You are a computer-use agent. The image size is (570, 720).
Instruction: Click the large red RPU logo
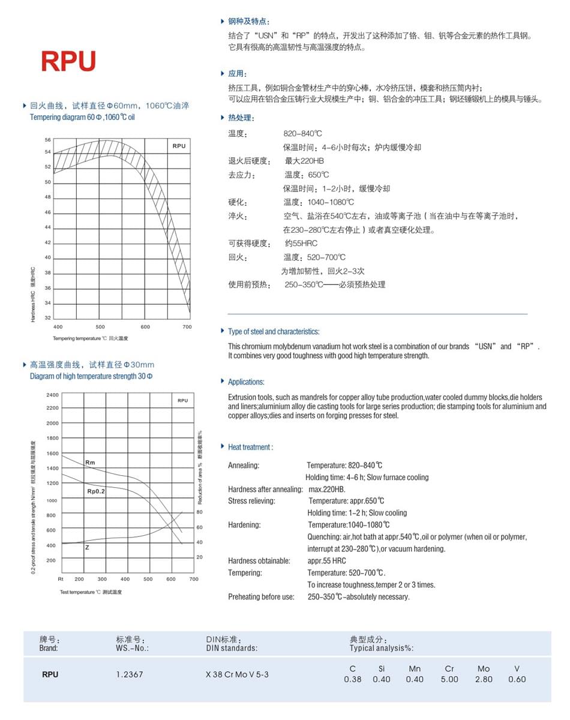[x=68, y=61]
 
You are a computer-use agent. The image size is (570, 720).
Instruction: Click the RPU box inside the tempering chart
[x=179, y=146]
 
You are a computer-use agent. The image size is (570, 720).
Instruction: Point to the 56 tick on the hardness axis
[x=48, y=140]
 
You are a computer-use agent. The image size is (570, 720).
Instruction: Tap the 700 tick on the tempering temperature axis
[x=187, y=327]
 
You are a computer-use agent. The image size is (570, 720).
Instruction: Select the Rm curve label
[x=91, y=463]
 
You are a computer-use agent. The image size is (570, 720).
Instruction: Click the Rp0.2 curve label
[x=96, y=491]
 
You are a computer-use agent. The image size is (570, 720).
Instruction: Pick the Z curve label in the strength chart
[x=88, y=547]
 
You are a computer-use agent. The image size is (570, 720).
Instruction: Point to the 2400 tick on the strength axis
[x=52, y=395]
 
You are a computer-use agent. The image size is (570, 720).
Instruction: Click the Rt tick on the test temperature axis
[x=61, y=579]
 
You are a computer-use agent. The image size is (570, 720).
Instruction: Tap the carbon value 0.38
[x=353, y=679]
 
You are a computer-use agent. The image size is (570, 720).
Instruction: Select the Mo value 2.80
[x=484, y=679]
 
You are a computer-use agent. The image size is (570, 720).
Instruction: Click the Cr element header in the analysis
[x=449, y=668]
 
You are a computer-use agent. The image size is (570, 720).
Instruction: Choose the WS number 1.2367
[x=130, y=674]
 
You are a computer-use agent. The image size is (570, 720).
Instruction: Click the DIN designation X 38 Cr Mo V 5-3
[x=237, y=674]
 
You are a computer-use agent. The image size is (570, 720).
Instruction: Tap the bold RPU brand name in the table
[x=50, y=674]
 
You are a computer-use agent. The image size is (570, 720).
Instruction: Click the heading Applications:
[x=246, y=382]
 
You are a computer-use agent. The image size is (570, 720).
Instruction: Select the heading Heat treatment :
[x=250, y=447]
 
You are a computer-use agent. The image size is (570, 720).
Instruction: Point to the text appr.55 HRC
[x=326, y=561]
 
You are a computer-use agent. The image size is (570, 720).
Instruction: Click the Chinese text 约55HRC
[x=301, y=243]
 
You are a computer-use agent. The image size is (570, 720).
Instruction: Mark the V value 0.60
[x=517, y=679]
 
